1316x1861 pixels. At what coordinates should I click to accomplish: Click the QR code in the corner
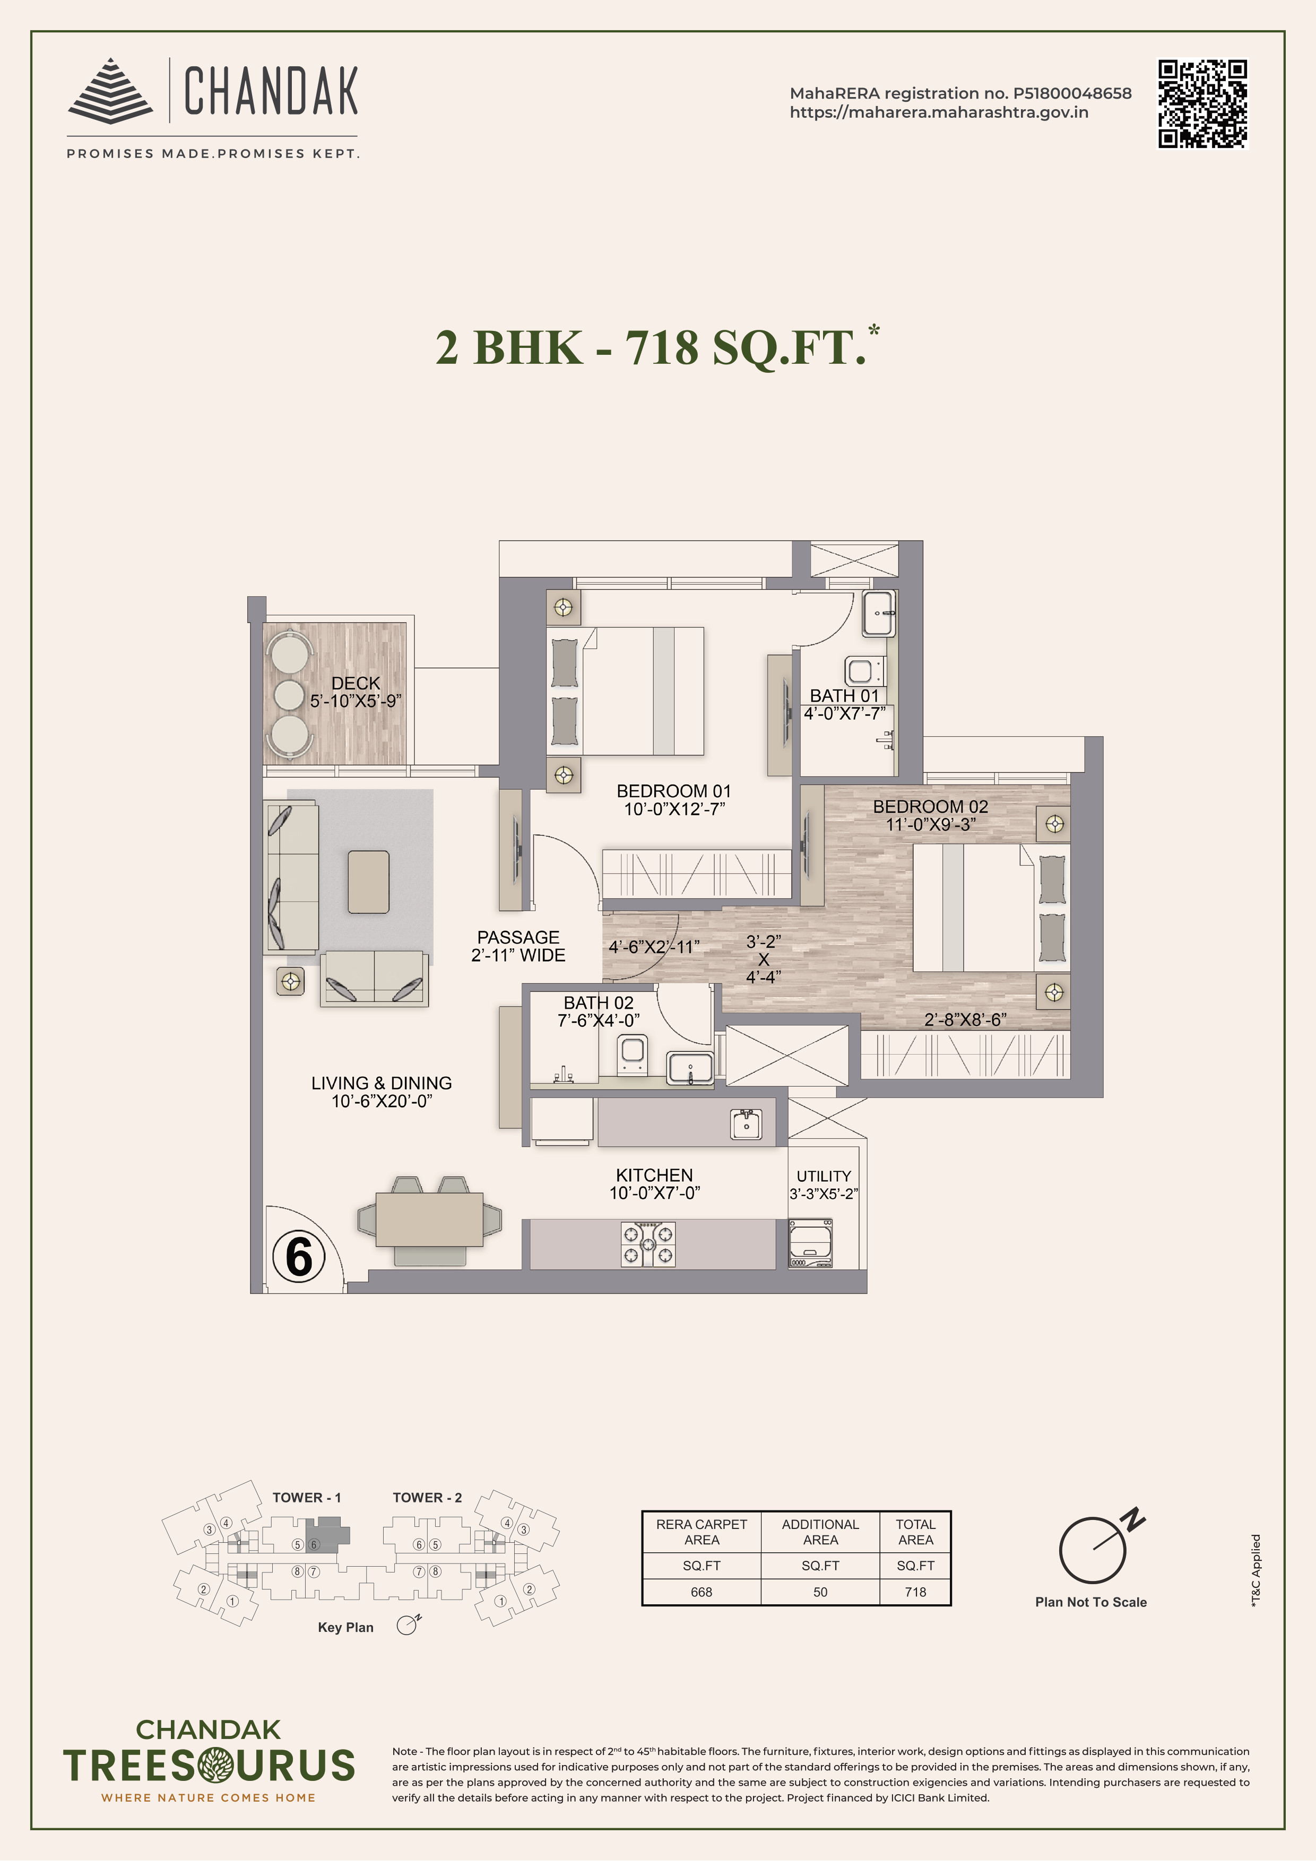[x=1202, y=104]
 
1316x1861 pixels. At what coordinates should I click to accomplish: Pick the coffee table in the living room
[x=368, y=882]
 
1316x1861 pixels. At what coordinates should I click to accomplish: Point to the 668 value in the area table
[x=702, y=1592]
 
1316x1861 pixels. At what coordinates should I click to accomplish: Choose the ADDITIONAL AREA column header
[x=820, y=1532]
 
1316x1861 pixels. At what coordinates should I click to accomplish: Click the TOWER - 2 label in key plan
[x=427, y=1498]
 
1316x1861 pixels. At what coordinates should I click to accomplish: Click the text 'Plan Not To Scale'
[x=1090, y=1602]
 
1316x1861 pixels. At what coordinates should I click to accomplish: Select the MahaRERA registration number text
[x=960, y=93]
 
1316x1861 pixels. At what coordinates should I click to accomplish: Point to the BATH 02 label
[x=599, y=1003]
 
